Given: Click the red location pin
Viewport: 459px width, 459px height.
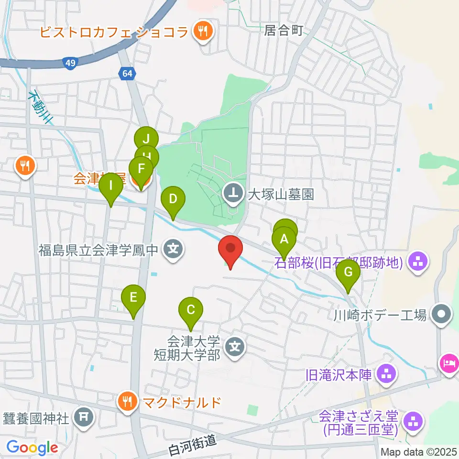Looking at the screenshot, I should click(x=230, y=251).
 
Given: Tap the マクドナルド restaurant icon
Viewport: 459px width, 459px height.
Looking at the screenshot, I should click(x=127, y=401).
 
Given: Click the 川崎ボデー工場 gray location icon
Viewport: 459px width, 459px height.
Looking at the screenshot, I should click(x=440, y=315).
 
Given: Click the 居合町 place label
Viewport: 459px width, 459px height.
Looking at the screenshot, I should click(x=284, y=31).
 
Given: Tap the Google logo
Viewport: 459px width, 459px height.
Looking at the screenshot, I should click(x=32, y=448).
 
